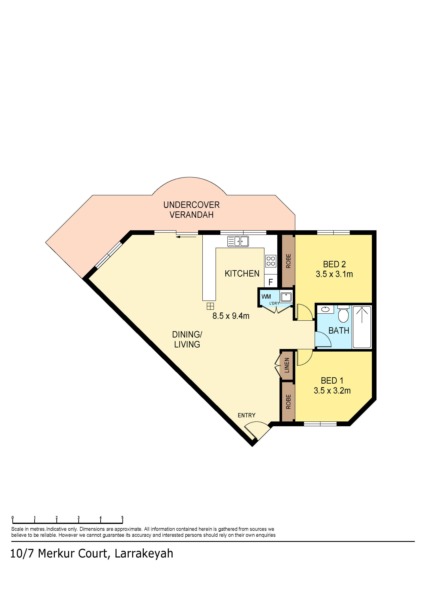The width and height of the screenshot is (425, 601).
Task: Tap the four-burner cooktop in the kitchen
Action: point(271,261)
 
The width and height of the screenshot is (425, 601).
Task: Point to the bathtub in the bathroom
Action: point(362,327)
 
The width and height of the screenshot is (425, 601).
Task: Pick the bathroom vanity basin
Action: point(325,309)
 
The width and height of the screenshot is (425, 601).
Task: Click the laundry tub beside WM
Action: point(286,297)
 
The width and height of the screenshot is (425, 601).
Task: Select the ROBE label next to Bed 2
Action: point(288,261)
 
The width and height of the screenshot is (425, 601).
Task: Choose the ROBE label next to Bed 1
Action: point(288,402)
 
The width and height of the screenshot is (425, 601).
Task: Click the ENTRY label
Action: point(246,415)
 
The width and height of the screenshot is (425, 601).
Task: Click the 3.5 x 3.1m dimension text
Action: point(334,274)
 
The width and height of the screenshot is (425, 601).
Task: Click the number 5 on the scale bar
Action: point(122,518)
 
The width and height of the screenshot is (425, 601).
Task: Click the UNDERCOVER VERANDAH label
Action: point(191,210)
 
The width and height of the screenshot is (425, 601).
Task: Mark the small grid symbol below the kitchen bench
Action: point(210,306)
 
